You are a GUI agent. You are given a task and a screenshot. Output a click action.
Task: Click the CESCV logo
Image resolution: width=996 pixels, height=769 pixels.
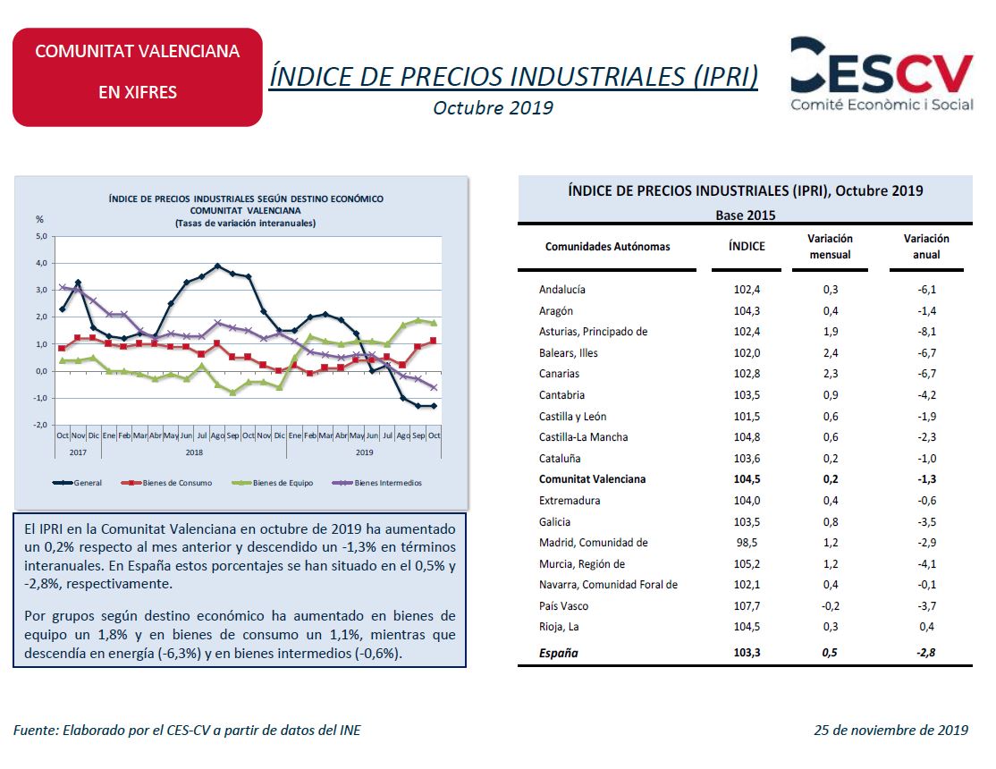tap(882, 73)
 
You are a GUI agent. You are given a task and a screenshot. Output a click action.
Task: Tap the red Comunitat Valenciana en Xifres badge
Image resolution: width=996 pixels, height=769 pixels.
tap(137, 77)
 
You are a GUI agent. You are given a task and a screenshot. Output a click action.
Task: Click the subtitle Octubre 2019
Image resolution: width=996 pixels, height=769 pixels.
tap(493, 108)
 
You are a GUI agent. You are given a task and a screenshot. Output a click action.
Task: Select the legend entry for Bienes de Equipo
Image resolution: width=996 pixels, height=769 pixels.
tap(274, 483)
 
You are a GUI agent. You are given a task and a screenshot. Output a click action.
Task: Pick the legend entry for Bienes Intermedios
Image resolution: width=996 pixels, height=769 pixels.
tap(377, 483)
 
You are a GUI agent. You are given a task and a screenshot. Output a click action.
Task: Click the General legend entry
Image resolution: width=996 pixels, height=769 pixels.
tap(78, 483)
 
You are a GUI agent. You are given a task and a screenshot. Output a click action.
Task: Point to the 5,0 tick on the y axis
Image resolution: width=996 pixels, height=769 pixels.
tap(41, 236)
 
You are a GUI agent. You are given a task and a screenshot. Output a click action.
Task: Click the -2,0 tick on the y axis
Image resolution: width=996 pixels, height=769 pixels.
tap(40, 425)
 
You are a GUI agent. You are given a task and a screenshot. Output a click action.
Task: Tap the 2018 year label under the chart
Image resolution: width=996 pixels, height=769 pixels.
tap(194, 452)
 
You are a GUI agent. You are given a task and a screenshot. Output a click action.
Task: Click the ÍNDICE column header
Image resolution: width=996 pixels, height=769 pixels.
tap(747, 246)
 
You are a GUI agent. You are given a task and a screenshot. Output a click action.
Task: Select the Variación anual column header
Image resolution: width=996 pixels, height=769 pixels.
tap(926, 247)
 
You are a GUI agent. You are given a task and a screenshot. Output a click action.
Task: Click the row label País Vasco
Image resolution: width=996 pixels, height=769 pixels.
tap(563, 605)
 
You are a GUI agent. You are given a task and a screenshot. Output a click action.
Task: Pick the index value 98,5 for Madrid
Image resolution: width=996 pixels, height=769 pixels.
tap(747, 543)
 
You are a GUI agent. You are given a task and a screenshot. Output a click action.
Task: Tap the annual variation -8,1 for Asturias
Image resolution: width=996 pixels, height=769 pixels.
tap(927, 332)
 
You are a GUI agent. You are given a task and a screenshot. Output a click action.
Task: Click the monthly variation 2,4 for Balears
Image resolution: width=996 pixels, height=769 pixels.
tap(831, 352)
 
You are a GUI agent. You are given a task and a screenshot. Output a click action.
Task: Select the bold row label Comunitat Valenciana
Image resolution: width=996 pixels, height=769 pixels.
tap(592, 479)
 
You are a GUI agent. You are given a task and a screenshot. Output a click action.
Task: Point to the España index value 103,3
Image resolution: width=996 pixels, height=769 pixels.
tap(747, 653)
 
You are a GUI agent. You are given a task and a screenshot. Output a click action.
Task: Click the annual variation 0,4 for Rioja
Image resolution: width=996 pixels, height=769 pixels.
tap(927, 627)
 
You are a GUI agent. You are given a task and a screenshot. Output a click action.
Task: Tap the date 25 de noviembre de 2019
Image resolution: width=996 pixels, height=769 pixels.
tap(891, 731)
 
